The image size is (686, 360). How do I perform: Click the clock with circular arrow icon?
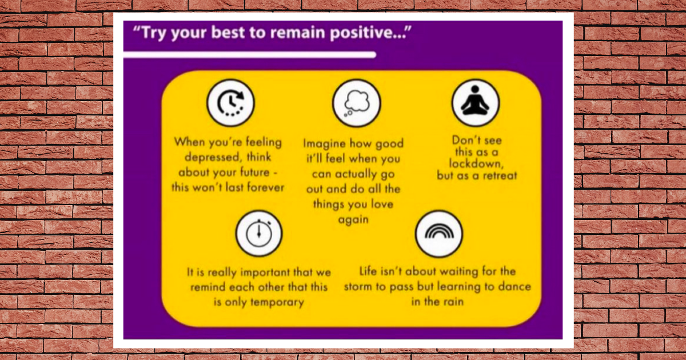pos(230,103)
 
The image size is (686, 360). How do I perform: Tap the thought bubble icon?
pos(357,103)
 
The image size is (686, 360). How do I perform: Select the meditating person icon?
pos(476,103)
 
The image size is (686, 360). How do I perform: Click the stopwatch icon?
pos(259,233)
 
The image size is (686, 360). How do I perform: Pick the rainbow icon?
pos(439,233)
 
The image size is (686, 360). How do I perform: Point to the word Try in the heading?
pos(153,33)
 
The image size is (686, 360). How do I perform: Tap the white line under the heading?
pos(250,55)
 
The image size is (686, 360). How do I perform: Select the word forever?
pos(266,187)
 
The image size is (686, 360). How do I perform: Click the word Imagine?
pos(325,143)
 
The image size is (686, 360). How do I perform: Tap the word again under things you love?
pos(353,219)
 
